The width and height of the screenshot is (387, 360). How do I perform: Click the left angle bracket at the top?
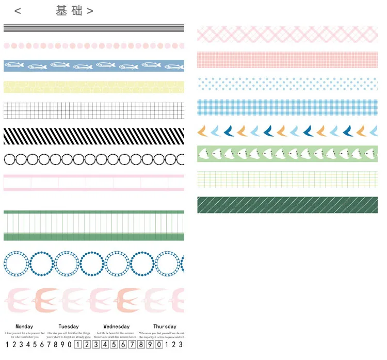pos(18,11)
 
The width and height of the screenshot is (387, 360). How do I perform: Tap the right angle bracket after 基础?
pos(90,11)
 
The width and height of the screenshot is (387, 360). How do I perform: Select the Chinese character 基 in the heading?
pos(62,10)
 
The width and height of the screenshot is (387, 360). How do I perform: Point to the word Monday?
pos(24,326)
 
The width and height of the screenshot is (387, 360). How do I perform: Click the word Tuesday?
pos(69,326)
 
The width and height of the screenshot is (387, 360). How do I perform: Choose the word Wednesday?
pos(117,326)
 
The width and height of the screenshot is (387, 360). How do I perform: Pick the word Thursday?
pos(165,326)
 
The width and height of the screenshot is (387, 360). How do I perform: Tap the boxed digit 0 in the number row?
pos(159,345)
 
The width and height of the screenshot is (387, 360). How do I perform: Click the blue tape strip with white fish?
pos(93,66)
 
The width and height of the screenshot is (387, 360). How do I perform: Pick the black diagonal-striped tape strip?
pos(93,136)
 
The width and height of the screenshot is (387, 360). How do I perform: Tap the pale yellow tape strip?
pos(93,86)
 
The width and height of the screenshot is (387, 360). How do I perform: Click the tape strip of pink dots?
pos(93,45)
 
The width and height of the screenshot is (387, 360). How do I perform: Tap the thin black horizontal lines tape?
pos(93,28)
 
